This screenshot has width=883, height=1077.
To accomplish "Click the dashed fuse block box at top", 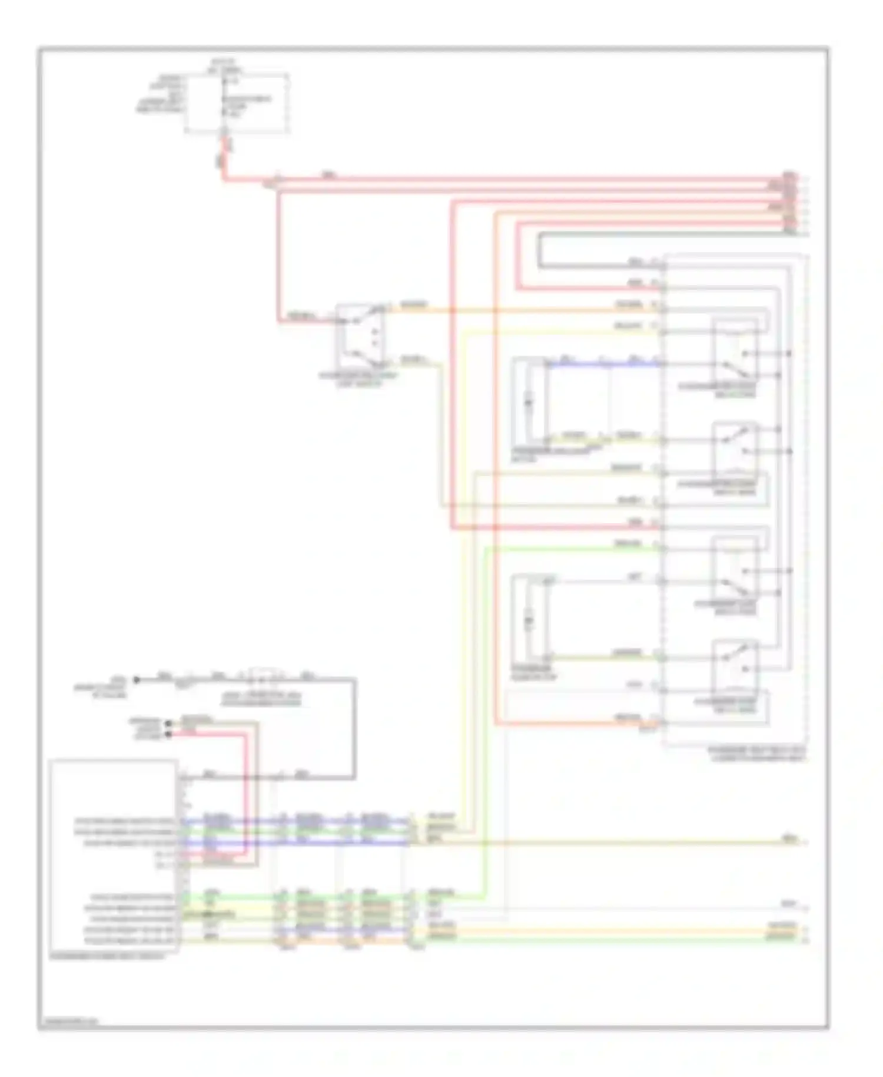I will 237,103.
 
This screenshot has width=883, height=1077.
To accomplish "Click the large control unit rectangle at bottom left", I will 113,855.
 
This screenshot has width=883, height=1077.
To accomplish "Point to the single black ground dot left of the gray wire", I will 136,679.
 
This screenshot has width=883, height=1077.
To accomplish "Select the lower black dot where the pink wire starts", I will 169,734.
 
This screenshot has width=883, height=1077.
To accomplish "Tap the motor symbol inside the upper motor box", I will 528,402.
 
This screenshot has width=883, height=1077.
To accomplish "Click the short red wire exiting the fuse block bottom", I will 224,154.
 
